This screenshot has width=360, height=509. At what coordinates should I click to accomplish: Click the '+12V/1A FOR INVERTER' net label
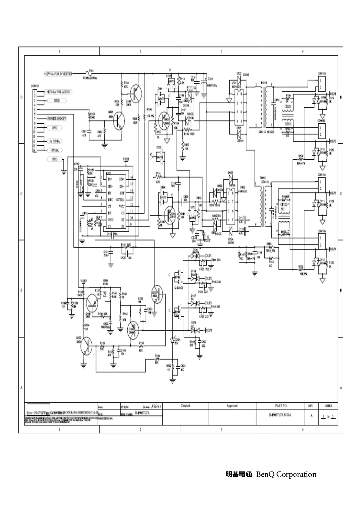[58, 73]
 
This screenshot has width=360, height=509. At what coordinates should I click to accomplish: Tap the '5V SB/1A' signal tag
[54, 141]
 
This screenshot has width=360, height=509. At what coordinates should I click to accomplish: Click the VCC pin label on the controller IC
[122, 206]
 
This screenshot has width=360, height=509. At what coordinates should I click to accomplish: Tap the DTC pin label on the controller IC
[110, 200]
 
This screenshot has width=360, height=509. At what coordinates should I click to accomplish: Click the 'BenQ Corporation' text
[286, 474]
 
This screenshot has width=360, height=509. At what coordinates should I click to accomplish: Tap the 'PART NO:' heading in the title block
[281, 406]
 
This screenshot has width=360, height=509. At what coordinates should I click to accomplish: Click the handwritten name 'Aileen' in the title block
[157, 406]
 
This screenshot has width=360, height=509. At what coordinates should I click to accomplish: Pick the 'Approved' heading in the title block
[232, 406]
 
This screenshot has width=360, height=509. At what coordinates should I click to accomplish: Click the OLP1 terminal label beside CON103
[333, 94]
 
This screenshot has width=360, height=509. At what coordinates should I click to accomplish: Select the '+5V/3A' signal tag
[54, 150]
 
